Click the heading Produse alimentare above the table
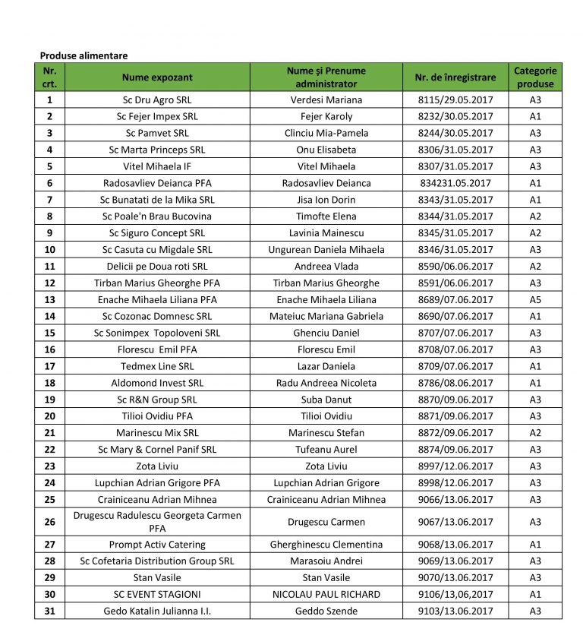[x=84, y=55]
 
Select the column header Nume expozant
[x=157, y=77]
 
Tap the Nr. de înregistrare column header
[x=455, y=77]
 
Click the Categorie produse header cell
[x=535, y=77]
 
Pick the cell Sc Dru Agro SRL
[x=157, y=100]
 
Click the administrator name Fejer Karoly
[x=326, y=116]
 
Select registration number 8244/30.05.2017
[x=455, y=133]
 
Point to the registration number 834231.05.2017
[x=455, y=183]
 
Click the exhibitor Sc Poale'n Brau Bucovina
[x=157, y=216]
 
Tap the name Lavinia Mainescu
[x=326, y=233]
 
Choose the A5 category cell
[x=535, y=300]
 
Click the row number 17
[x=49, y=366]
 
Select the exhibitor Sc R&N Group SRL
[x=157, y=400]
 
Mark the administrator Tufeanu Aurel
[x=326, y=450]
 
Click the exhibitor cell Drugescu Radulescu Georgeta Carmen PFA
[x=157, y=522]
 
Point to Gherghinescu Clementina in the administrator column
[x=326, y=545]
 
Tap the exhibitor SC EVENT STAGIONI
[x=157, y=595]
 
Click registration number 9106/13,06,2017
[x=455, y=595]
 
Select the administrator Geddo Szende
[x=326, y=611]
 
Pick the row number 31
[x=49, y=611]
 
